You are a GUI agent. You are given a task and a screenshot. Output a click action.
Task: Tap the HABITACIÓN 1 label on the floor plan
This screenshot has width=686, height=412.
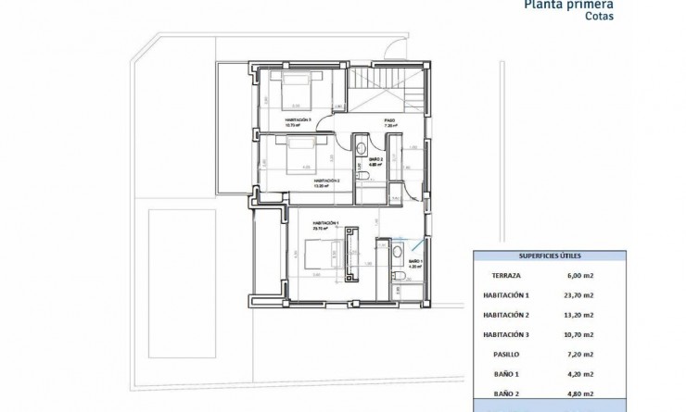tap(325, 223)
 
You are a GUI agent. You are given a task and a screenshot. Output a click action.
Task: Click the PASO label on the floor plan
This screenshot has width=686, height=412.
tap(390, 119)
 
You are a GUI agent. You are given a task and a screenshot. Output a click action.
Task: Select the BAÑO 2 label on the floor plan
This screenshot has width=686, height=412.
tap(375, 160)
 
